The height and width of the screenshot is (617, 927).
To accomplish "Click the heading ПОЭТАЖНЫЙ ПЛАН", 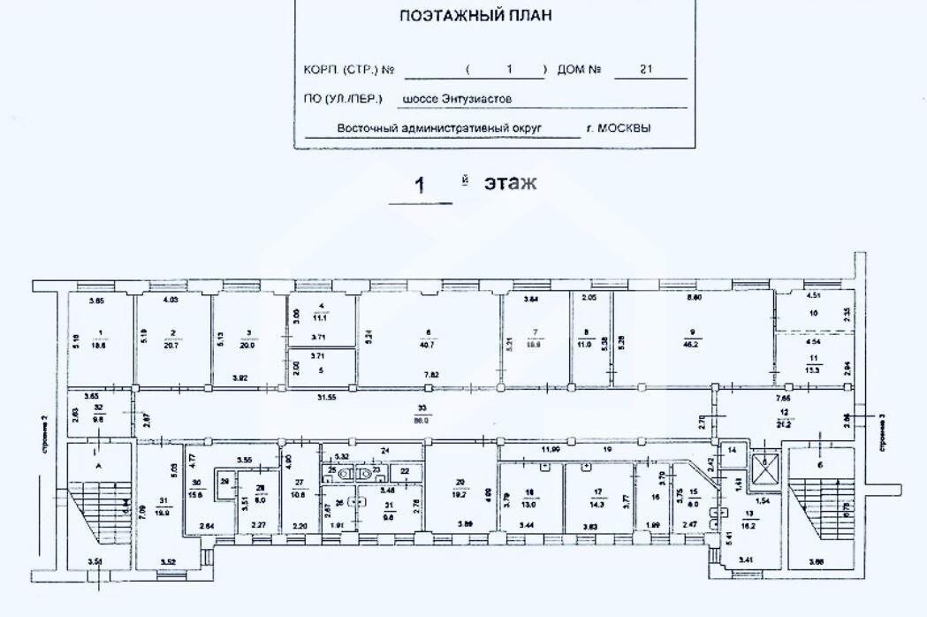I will pos(477,16).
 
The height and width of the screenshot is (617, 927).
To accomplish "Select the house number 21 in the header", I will pos(645,70).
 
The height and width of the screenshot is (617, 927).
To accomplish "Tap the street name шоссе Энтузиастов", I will pos(457,100).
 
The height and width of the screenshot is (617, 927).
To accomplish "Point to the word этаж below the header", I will pos(510,183).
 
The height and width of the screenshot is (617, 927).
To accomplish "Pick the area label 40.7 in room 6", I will pos(429,346).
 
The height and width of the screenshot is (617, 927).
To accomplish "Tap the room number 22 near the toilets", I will pos(405,472).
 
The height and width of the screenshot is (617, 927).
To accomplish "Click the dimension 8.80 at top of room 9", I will pos(695,300).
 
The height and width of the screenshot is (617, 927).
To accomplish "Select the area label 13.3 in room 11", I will pos(812,370).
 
